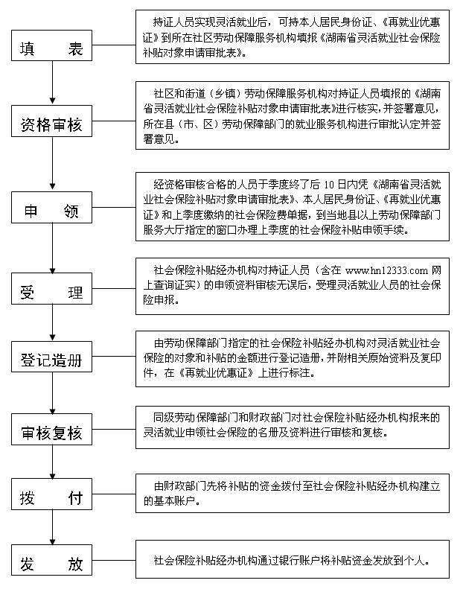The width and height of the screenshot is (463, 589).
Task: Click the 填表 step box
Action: (x=51, y=45)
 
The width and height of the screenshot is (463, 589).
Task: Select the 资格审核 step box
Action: (x=51, y=121)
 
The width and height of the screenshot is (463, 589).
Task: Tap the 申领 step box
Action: (x=51, y=207)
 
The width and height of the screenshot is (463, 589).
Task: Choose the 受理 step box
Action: (x=51, y=288)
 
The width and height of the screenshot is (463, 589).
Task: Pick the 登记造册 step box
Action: (x=51, y=357)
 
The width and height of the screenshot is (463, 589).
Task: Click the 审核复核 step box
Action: (x=51, y=430)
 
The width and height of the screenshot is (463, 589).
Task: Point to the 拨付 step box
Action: (x=51, y=494)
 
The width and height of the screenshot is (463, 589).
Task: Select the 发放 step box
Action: (x=51, y=560)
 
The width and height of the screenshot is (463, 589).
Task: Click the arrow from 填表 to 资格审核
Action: (x=52, y=83)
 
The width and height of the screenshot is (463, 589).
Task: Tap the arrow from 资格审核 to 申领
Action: (x=52, y=164)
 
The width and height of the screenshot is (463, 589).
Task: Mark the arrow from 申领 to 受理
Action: (x=52, y=248)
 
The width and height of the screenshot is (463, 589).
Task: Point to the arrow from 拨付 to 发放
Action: (x=52, y=527)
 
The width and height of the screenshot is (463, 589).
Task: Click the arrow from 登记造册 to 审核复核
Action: (x=52, y=393)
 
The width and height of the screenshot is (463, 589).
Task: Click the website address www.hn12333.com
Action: (x=386, y=270)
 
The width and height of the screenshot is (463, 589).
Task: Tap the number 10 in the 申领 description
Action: (x=329, y=185)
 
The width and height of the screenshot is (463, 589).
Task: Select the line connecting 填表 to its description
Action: (x=114, y=45)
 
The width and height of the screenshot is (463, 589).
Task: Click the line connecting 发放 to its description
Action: (x=114, y=560)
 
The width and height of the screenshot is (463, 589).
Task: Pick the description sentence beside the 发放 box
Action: (x=292, y=561)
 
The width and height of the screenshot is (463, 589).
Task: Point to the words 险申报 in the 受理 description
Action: (x=159, y=300)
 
